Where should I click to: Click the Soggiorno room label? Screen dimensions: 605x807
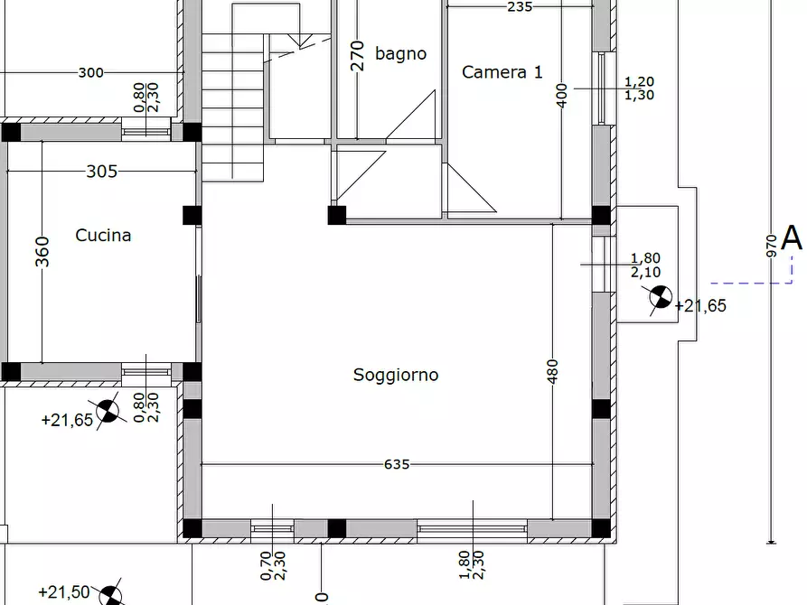[396, 375]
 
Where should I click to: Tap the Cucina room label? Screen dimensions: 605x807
[103, 236]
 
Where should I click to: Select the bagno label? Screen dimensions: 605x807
[400, 54]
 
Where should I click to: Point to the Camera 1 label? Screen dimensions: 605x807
[502, 72]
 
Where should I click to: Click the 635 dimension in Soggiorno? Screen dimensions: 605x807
[397, 465]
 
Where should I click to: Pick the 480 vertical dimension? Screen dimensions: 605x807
[553, 373]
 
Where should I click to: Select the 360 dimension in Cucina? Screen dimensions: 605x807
[42, 252]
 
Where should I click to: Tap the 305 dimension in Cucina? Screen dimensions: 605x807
[101, 172]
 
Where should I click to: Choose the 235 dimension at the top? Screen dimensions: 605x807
[520, 6]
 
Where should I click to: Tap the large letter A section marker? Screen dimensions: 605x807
[792, 238]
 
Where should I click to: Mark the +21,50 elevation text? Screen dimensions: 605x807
[64, 592]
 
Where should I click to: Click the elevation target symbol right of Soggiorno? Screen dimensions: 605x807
[661, 299]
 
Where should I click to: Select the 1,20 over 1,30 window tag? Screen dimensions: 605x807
[640, 88]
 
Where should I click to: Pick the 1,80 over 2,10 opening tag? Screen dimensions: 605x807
[645, 265]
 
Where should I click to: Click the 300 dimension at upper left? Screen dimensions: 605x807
[90, 73]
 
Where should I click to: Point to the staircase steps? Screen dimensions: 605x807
[233, 99]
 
